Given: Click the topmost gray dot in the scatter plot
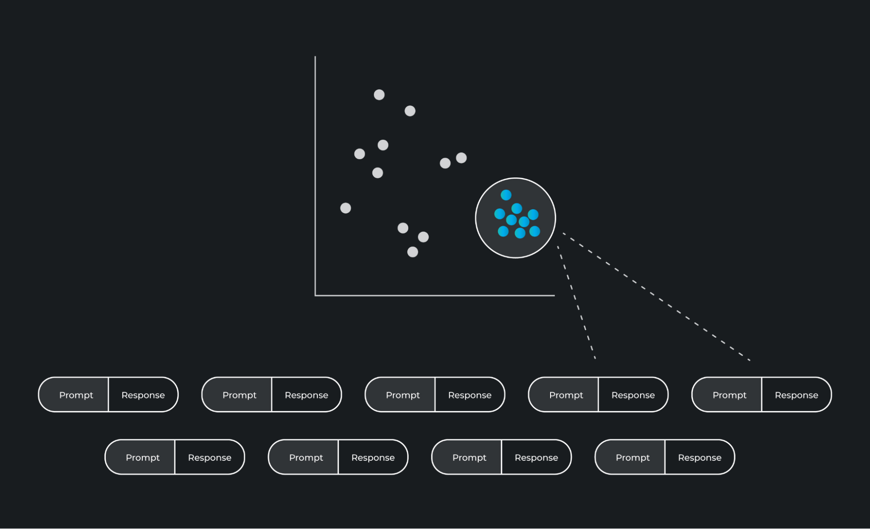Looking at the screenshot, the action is tap(379, 95).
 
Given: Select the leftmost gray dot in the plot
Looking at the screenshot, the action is tap(346, 208).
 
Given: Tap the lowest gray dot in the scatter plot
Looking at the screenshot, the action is tap(413, 252).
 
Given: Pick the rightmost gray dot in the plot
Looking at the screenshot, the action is tap(461, 158).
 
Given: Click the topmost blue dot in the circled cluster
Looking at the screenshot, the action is tap(506, 195).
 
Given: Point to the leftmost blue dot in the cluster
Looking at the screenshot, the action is tap(500, 214).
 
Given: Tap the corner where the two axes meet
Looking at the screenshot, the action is tap(316, 295).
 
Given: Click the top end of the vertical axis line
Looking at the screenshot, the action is tap(315, 57).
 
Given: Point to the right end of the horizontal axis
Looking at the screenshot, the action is tap(554, 295).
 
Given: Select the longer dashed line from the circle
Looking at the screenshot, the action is tap(656, 297).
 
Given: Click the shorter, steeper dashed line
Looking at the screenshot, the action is tap(576, 302).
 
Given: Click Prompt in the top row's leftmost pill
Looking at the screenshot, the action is tap(76, 395).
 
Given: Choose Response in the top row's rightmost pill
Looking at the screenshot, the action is tap(796, 395).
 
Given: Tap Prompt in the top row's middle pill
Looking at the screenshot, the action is tap(403, 395).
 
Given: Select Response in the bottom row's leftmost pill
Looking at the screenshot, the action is tap(210, 458).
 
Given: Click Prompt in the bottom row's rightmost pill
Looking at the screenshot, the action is tap(633, 458).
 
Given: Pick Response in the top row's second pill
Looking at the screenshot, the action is tap(306, 395).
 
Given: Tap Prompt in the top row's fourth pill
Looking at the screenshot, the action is tap(566, 395).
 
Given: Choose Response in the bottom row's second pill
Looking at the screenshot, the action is tap(373, 458).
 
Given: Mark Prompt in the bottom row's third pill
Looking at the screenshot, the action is tap(470, 458).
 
